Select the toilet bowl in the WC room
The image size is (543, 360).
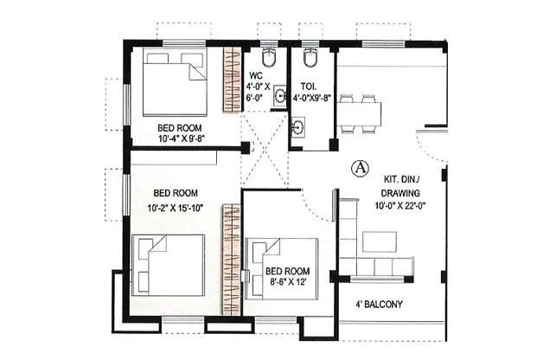(268, 61)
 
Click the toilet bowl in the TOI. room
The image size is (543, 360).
(311, 59)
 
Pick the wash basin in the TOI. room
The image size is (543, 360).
(298, 128)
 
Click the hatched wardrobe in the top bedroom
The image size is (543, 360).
(232, 81)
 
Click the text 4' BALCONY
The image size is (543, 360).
(379, 305)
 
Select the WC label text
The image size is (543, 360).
(257, 74)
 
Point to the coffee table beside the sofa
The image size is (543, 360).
(379, 241)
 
